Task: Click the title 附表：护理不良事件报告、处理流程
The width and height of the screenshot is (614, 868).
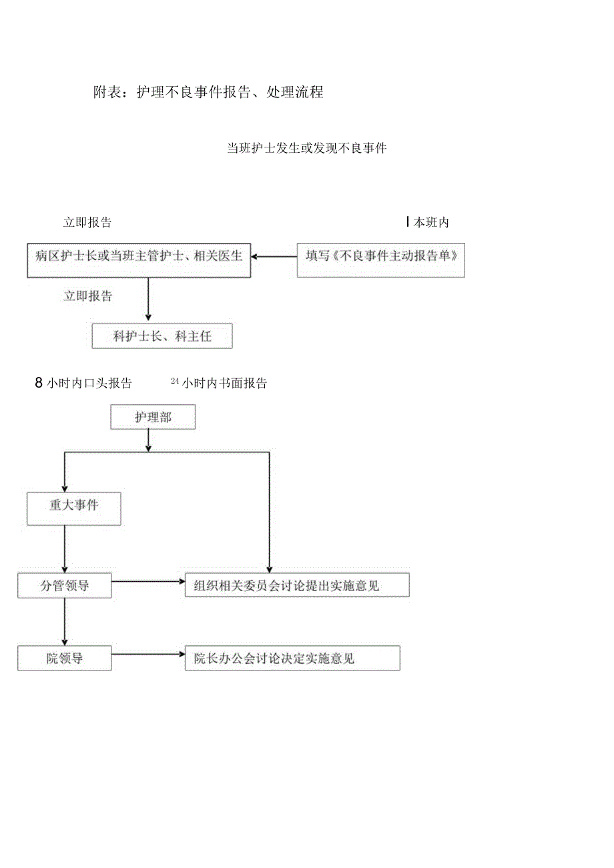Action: (x=208, y=93)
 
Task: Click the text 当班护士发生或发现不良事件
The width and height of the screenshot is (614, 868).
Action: (x=306, y=148)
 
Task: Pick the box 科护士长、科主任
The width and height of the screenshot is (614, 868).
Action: (x=162, y=336)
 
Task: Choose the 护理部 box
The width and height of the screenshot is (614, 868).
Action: (x=152, y=418)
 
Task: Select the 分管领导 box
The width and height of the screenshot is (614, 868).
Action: (x=65, y=586)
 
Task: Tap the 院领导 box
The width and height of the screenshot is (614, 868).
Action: (x=65, y=659)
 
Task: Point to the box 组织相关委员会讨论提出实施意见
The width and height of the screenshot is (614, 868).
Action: (x=296, y=585)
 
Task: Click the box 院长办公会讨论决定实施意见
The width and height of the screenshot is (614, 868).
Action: (x=292, y=659)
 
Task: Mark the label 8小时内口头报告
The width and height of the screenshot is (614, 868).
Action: (x=83, y=383)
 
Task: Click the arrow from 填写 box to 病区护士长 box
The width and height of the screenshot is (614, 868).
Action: (x=274, y=256)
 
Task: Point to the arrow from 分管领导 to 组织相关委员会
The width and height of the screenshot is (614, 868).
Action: (x=148, y=582)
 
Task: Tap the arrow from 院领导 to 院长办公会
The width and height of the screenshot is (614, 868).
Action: (x=148, y=655)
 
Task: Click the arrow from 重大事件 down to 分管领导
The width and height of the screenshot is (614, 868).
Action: (x=65, y=548)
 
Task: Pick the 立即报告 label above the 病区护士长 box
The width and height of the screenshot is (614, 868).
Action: (x=87, y=223)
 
